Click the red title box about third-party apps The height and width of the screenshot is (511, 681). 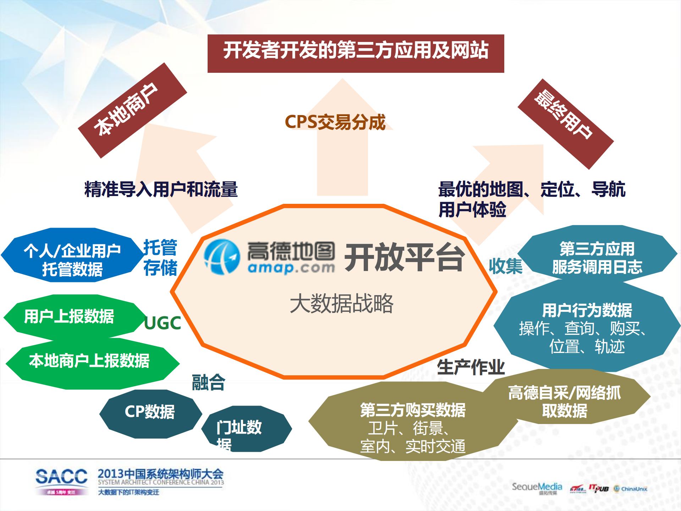click(x=356, y=53)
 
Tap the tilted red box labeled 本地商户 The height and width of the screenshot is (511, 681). click(x=132, y=110)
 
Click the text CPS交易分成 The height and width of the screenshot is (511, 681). click(x=335, y=122)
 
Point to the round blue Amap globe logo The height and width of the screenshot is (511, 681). click(x=222, y=257)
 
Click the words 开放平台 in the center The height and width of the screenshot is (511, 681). click(x=405, y=257)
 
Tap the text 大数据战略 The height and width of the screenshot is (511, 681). click(x=341, y=304)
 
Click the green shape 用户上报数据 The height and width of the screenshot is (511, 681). click(x=69, y=316)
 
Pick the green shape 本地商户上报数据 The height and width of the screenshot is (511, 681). click(x=89, y=361)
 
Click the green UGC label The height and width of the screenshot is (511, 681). click(x=163, y=323)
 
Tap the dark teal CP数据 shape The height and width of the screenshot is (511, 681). click(x=150, y=412)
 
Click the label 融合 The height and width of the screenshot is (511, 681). click(x=208, y=382)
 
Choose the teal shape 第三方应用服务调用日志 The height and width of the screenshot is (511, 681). click(x=597, y=257)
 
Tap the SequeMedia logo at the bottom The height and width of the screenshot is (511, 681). click(x=537, y=488)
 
